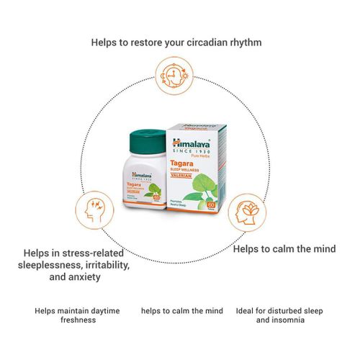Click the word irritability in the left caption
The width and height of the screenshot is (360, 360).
[104, 265]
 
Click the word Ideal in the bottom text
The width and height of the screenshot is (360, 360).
[244, 311]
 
